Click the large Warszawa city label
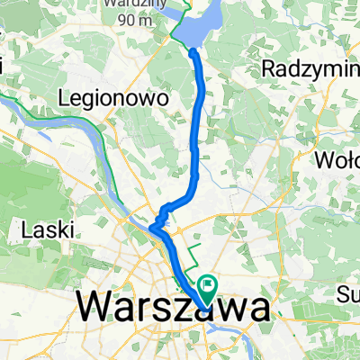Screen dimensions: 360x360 click(171, 309)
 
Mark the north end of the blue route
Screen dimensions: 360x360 click(193, 52)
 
